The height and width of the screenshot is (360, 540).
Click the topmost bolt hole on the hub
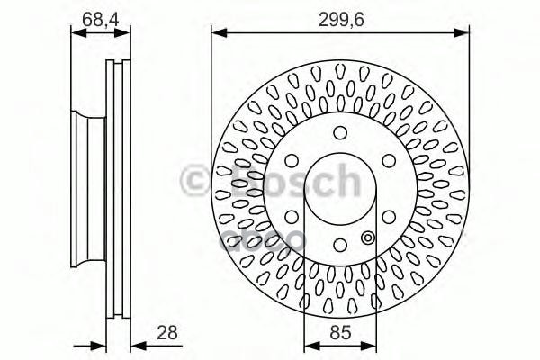point(340,133)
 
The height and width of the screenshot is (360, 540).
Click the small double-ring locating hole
point(367,238)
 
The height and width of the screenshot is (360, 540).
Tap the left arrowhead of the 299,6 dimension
point(217,34)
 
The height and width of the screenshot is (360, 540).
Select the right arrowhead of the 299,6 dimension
point(465,34)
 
